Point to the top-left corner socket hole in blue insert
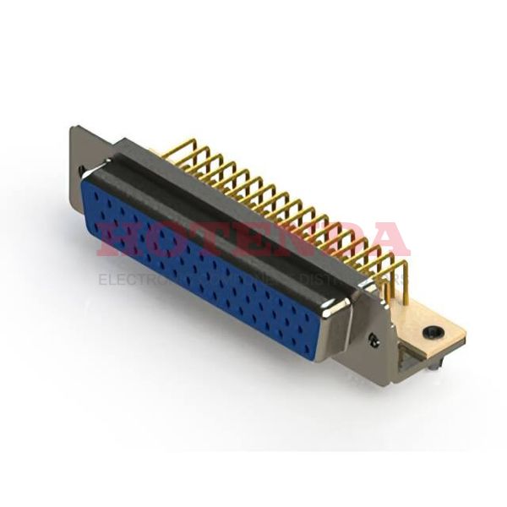(x=95, y=194)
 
